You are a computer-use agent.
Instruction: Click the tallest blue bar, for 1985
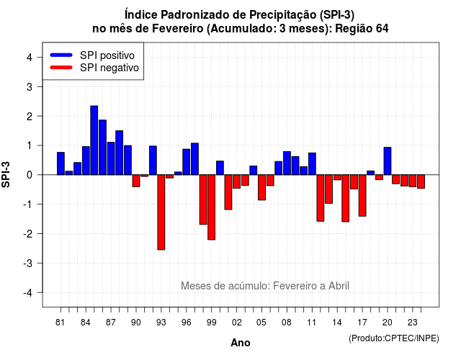point(94,140)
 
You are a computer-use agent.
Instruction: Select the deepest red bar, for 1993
point(161,212)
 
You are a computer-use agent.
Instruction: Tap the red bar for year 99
point(211,207)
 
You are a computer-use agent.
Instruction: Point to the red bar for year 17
point(362,195)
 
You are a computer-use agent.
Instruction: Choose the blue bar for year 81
point(61,163)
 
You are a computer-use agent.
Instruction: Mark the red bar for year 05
point(261,187)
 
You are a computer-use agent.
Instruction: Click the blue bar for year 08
point(287,163)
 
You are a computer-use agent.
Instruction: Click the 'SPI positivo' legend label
point(107,55)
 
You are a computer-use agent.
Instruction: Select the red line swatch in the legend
point(61,68)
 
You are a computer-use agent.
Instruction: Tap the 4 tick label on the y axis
point(30,58)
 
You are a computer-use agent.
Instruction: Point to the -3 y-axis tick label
point(27,263)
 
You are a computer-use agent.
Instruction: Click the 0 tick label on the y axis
point(30,175)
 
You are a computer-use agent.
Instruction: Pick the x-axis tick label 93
point(161,323)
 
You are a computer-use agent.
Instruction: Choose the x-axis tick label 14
point(337,323)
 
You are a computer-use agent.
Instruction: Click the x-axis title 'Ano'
point(241,343)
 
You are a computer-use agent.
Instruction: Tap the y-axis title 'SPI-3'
point(6,174)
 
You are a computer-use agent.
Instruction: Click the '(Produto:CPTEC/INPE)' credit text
point(394,338)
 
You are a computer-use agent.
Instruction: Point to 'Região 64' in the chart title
point(362,29)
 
